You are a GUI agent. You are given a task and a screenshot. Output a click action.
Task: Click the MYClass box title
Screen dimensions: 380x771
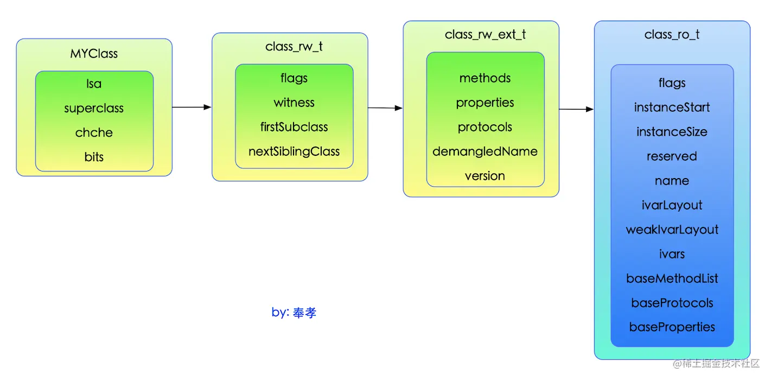94,54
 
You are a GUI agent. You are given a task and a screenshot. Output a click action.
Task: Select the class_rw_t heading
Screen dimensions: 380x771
294,47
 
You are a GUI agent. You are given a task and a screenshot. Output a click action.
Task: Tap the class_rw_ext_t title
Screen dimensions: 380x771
485,35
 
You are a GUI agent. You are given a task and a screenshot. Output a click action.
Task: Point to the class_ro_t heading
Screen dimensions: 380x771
672,35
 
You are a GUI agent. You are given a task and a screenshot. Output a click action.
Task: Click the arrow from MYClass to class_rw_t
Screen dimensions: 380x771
192,107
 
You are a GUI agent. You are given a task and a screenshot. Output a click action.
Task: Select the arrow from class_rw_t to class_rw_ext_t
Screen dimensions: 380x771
385,108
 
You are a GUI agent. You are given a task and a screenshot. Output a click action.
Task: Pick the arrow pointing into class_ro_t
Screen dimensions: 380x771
576,109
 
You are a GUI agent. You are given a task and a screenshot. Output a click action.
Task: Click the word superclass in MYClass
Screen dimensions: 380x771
94,108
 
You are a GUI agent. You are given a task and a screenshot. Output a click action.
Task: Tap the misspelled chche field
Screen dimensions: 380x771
94,132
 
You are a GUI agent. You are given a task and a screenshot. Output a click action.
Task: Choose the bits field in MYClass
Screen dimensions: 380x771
94,157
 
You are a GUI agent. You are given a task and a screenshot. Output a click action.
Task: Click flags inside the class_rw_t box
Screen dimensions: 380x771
294,78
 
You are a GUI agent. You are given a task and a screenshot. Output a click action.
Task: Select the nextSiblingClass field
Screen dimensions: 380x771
294,151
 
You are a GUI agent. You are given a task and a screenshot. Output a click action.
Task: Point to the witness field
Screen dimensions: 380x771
294,103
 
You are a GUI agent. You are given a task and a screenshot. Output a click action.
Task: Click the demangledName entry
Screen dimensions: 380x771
485,151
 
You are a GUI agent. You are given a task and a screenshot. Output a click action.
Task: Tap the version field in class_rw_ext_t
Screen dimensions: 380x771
485,176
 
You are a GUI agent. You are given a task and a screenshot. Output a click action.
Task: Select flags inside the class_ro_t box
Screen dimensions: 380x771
672,83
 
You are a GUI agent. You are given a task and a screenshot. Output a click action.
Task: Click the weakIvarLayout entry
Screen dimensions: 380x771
672,230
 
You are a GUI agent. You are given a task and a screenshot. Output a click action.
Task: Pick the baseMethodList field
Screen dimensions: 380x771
672,278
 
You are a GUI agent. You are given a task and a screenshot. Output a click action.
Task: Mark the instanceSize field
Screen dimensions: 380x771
672,132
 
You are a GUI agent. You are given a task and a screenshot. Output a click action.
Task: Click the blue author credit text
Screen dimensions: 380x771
294,313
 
